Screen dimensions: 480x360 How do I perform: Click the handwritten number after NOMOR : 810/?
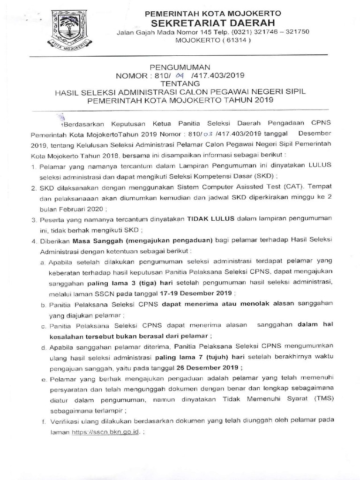pyautogui.click(x=191, y=75)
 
